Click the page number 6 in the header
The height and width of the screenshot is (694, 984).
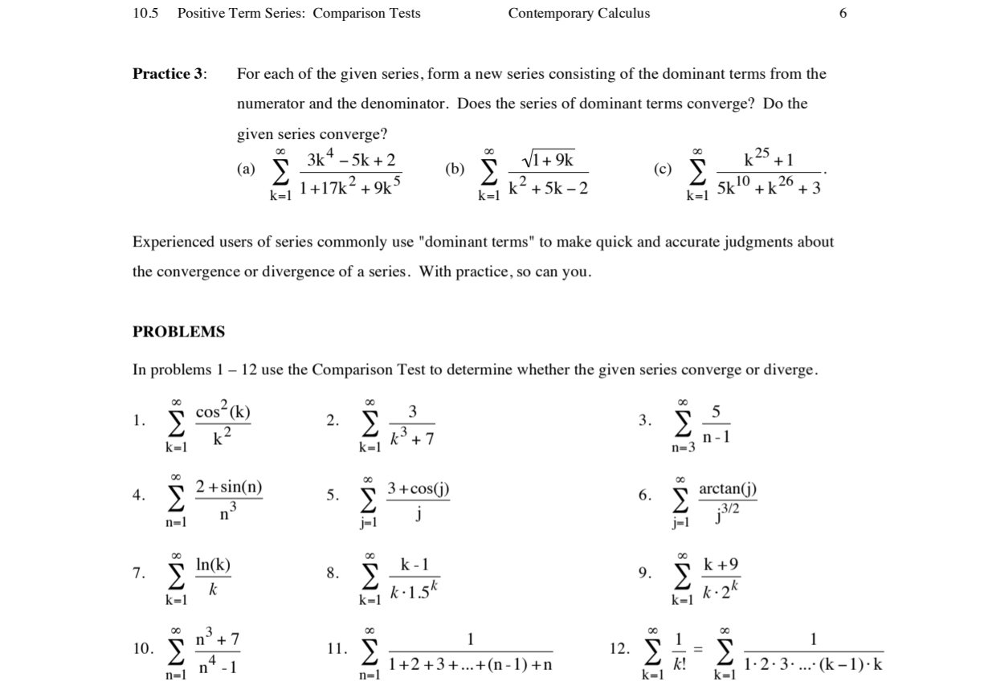pyautogui.click(x=843, y=13)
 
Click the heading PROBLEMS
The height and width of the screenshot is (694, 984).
pyautogui.click(x=178, y=332)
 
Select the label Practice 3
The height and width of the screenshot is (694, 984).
pyautogui.click(x=169, y=74)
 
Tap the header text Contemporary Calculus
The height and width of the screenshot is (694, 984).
pyautogui.click(x=578, y=13)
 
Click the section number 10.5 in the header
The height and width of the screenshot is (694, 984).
pyautogui.click(x=147, y=13)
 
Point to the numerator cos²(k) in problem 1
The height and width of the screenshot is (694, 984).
pyautogui.click(x=223, y=412)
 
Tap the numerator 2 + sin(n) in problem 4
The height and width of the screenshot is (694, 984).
pyautogui.click(x=230, y=488)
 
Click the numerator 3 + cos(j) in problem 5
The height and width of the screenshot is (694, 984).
pyautogui.click(x=418, y=488)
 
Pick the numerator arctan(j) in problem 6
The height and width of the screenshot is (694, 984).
pyautogui.click(x=727, y=488)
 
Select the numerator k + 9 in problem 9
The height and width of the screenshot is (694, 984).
pyautogui.click(x=721, y=565)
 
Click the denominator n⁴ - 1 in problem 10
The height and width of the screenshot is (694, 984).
pyautogui.click(x=217, y=667)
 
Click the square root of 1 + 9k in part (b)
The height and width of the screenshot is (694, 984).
pyautogui.click(x=548, y=159)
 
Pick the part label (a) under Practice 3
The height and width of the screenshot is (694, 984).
pyautogui.click(x=246, y=169)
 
